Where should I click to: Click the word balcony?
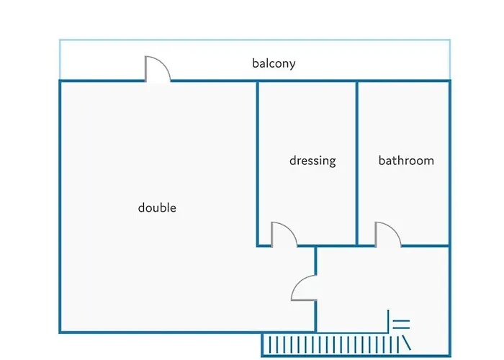click(x=274, y=63)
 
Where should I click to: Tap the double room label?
click(x=157, y=208)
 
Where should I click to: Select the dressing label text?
click(x=312, y=161)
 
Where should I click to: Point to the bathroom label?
click(x=406, y=161)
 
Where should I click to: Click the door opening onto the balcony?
click(x=158, y=70)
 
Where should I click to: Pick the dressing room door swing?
click(x=283, y=234)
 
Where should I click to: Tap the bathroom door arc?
click(x=387, y=234)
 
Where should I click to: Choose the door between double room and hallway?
click(x=305, y=288)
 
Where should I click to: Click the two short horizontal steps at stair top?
click(x=401, y=324)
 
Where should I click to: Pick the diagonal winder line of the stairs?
click(x=405, y=338)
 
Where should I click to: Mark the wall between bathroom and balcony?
click(x=403, y=81)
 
